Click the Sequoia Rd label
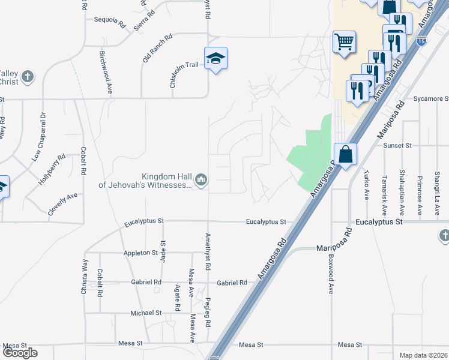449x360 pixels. (x=109, y=19)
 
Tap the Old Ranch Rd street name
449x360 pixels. (x=157, y=49)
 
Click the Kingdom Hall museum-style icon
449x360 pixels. (x=202, y=179)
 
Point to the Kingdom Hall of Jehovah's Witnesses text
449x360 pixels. (x=145, y=181)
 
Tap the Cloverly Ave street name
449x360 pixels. (x=63, y=204)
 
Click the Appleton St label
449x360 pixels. (x=140, y=253)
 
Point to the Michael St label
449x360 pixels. (x=146, y=313)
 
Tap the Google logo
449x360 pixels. (x=20, y=353)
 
